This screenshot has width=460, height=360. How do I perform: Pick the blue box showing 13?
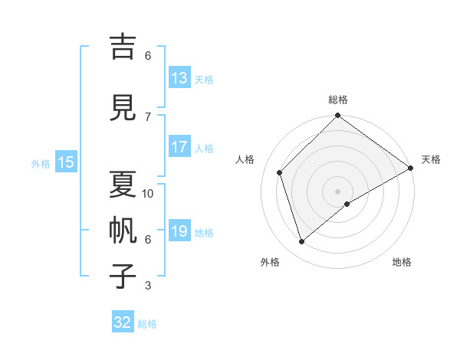coord(179,78)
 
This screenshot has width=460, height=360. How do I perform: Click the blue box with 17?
coord(179,147)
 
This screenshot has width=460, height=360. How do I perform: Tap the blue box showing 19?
coord(179,231)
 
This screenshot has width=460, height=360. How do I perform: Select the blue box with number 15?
coord(66,162)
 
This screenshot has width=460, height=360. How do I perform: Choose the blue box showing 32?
coord(123,322)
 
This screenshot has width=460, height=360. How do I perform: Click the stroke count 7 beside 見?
coord(148,116)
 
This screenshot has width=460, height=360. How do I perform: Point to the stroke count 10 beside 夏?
coord(148,193)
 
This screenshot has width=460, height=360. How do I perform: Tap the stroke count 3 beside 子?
coord(148,286)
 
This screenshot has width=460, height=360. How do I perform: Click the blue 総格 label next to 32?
coord(147,324)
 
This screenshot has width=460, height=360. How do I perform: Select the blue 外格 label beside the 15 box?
coord(41,163)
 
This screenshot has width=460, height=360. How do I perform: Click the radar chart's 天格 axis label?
coord(431,159)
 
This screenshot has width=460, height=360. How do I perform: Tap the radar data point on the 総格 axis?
coord(337,116)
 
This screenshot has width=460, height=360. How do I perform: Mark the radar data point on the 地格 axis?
coord(347,204)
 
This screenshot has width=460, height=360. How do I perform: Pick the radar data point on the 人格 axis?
coord(280,172)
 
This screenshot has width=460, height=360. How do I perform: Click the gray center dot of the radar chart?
coord(337,191)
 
